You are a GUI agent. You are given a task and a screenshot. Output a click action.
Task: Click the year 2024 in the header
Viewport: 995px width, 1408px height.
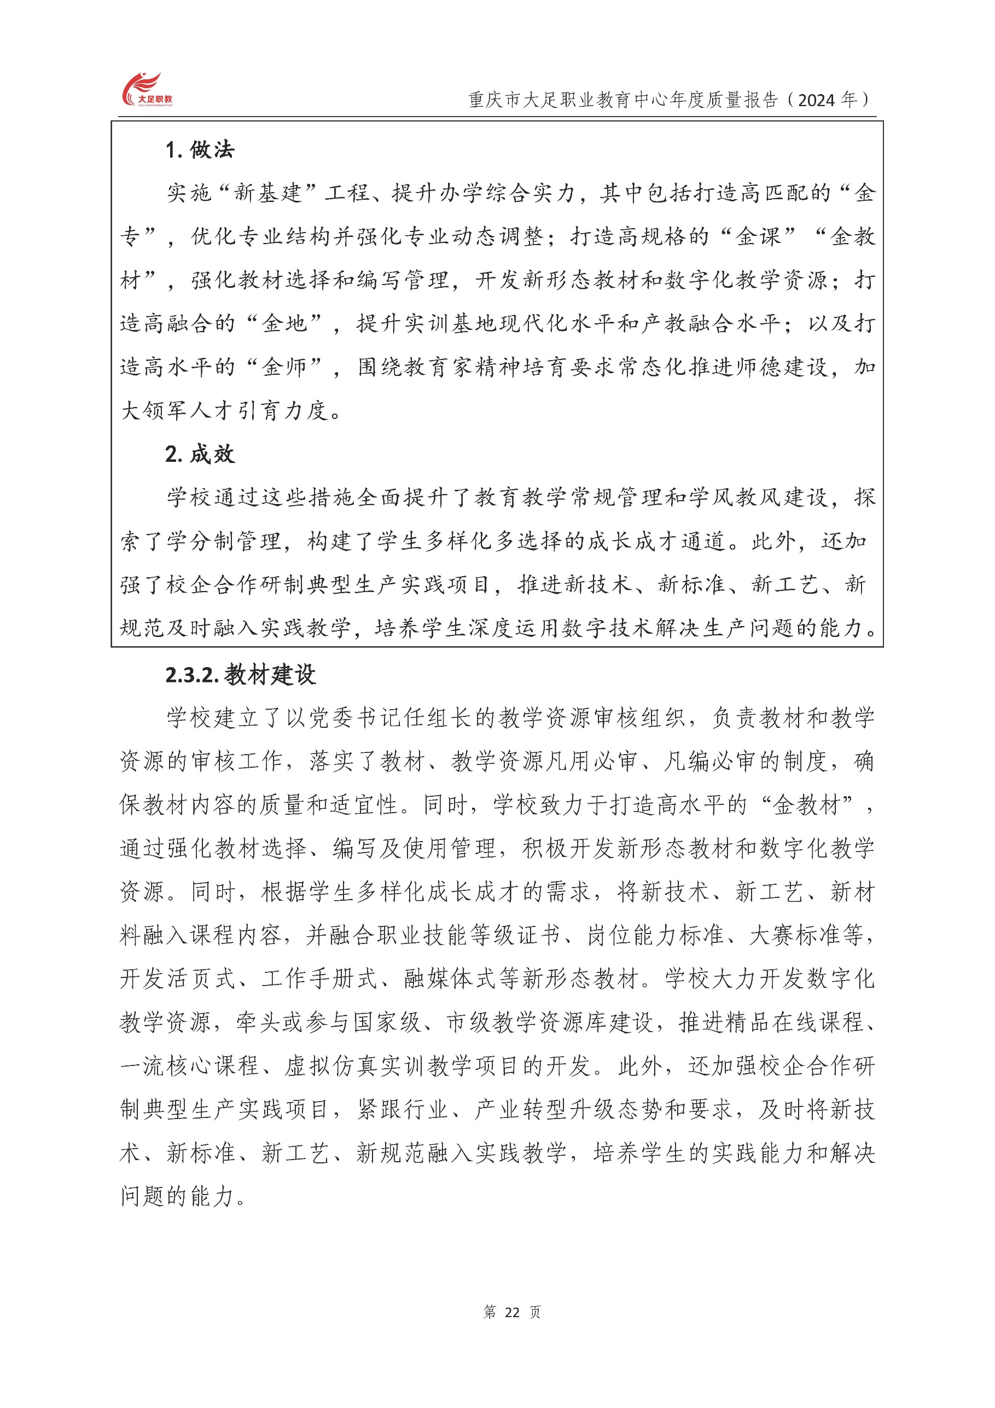coord(816,100)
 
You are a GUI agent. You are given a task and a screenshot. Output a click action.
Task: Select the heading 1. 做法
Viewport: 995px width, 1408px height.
coord(200,149)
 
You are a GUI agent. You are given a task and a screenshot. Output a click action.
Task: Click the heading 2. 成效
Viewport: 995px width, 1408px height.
coord(200,454)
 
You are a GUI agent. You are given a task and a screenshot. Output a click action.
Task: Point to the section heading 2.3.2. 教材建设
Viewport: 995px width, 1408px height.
coord(240,675)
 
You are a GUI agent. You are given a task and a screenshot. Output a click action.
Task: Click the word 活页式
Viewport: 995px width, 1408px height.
coord(201,979)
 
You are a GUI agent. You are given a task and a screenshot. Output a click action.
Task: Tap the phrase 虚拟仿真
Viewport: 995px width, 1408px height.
coord(331,1067)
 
